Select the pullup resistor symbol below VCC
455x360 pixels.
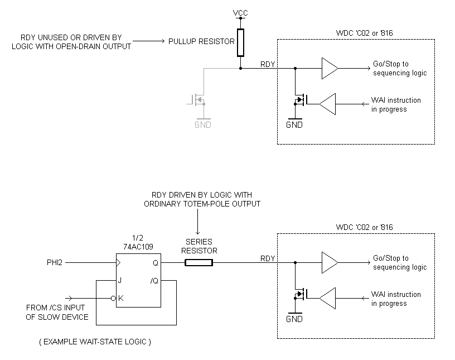pyautogui.click(x=240, y=43)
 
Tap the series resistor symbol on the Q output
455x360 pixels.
pyautogui.click(x=199, y=262)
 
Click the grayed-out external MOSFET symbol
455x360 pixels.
pyautogui.click(x=199, y=101)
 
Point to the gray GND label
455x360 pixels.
pyautogui.click(x=202, y=125)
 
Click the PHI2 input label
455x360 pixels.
pyautogui.click(x=56, y=262)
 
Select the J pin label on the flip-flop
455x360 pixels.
pyautogui.click(x=120, y=281)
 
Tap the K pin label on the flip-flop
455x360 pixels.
pyautogui.click(x=120, y=299)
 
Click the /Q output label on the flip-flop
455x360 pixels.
pyautogui.click(x=154, y=281)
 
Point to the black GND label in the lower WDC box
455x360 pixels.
pyautogui.click(x=294, y=319)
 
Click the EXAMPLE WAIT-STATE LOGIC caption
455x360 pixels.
pyautogui.click(x=95, y=341)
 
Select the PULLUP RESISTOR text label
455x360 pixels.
pyautogui.click(x=201, y=42)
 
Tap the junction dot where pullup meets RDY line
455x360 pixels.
pyautogui.click(x=240, y=69)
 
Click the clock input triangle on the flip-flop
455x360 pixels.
pyautogui.click(x=118, y=262)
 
